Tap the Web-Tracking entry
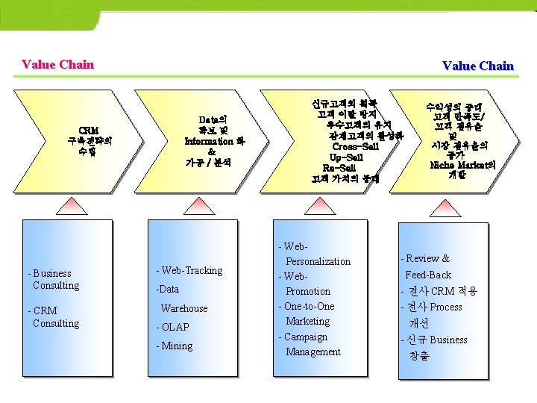coord(189,270)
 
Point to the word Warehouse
coord(184,308)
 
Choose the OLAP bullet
coord(173,327)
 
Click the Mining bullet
coord(175,346)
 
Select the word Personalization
coord(318,261)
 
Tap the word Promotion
coord(308,291)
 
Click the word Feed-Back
coord(428,275)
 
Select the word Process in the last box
coord(445,307)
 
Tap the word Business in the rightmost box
coord(448,340)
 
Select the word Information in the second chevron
coord(209,141)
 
